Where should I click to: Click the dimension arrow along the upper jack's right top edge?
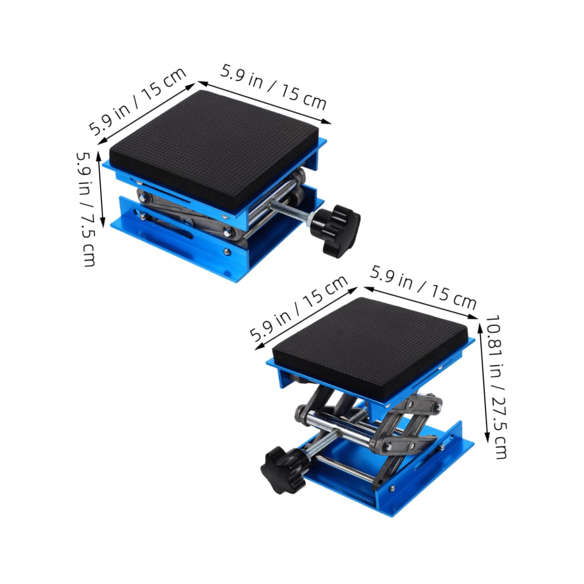264,102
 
